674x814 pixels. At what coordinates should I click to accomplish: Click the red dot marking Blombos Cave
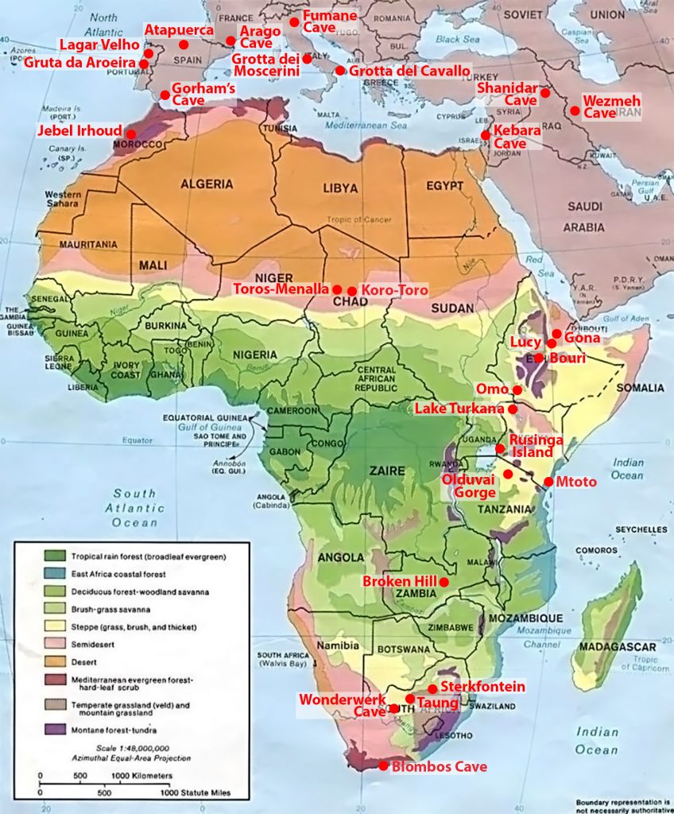(x=383, y=766)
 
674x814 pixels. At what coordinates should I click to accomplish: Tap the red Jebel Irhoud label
(x=78, y=130)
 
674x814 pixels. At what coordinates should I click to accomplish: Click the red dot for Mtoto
(x=548, y=482)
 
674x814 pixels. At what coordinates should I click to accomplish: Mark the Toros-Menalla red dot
(x=337, y=289)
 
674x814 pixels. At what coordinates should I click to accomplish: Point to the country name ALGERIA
(x=206, y=184)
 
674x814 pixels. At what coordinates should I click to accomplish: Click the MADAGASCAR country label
(x=617, y=646)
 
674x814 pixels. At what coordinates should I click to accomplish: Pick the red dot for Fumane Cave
(x=294, y=22)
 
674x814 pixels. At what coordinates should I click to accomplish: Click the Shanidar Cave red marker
(x=545, y=93)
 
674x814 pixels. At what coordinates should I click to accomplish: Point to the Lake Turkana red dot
(x=513, y=409)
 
